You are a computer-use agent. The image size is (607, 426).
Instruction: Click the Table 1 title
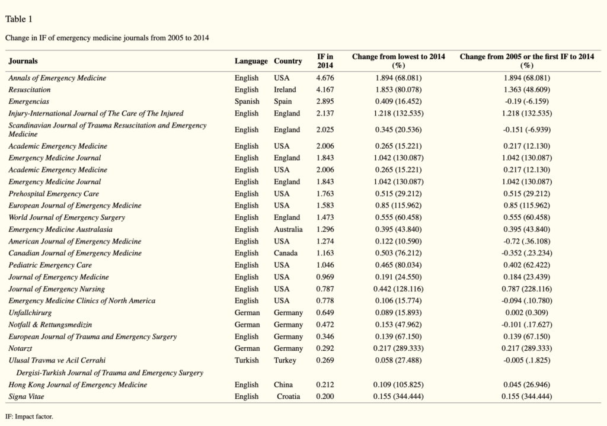click(18, 19)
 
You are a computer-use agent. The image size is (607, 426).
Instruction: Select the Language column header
click(251, 61)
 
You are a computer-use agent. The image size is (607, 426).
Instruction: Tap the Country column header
click(288, 61)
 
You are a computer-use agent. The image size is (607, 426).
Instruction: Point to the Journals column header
click(23, 61)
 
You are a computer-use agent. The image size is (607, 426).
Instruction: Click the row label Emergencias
click(28, 101)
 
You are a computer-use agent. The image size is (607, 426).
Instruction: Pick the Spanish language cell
click(247, 101)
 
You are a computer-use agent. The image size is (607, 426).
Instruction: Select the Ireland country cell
click(285, 89)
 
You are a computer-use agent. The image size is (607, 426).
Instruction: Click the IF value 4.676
click(325, 78)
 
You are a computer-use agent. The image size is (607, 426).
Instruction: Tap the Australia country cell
click(289, 229)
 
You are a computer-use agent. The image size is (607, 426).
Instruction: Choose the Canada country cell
click(286, 253)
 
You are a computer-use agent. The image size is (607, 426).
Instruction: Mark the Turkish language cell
click(247, 360)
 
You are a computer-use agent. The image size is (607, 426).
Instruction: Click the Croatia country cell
click(289, 396)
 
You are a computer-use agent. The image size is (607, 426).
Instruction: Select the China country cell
click(283, 385)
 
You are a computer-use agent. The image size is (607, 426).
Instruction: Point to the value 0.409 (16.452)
click(398, 101)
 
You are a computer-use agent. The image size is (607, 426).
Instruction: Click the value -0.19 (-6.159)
click(527, 101)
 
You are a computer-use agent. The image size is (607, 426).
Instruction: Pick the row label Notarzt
click(20, 348)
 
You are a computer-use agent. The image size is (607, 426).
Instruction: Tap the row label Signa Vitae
click(26, 396)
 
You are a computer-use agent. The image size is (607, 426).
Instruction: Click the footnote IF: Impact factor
click(29, 417)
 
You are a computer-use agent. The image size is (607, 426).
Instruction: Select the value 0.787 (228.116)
click(527, 289)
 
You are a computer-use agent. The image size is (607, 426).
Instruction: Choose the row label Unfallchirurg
click(30, 313)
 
